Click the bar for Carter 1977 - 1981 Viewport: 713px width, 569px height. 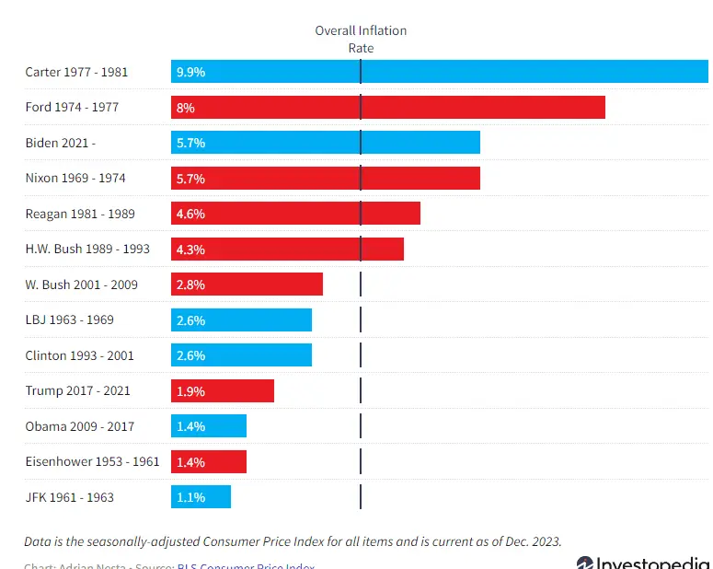[x=442, y=72]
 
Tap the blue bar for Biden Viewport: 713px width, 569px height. [x=326, y=143]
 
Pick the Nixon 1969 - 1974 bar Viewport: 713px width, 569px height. [x=326, y=179]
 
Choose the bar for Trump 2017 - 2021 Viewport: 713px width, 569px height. [x=223, y=390]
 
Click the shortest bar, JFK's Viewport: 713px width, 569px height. [x=201, y=497]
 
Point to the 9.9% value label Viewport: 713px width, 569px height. [x=190, y=72]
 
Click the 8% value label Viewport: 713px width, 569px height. [x=186, y=108]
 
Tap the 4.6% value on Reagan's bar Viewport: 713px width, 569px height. [x=190, y=214]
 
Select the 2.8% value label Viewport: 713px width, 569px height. [x=190, y=284]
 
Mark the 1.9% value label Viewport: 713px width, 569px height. [x=190, y=390]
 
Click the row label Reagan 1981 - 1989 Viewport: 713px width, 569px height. [x=80, y=214]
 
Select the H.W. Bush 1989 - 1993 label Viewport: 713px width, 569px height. [x=87, y=249]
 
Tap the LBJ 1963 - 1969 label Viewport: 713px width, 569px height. [x=70, y=319]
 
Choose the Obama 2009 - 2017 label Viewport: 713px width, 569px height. [x=80, y=426]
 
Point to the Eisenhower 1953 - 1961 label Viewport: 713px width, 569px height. [x=92, y=461]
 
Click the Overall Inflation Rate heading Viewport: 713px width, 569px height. [x=361, y=39]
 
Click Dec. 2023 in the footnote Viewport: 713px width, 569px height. [x=530, y=540]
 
